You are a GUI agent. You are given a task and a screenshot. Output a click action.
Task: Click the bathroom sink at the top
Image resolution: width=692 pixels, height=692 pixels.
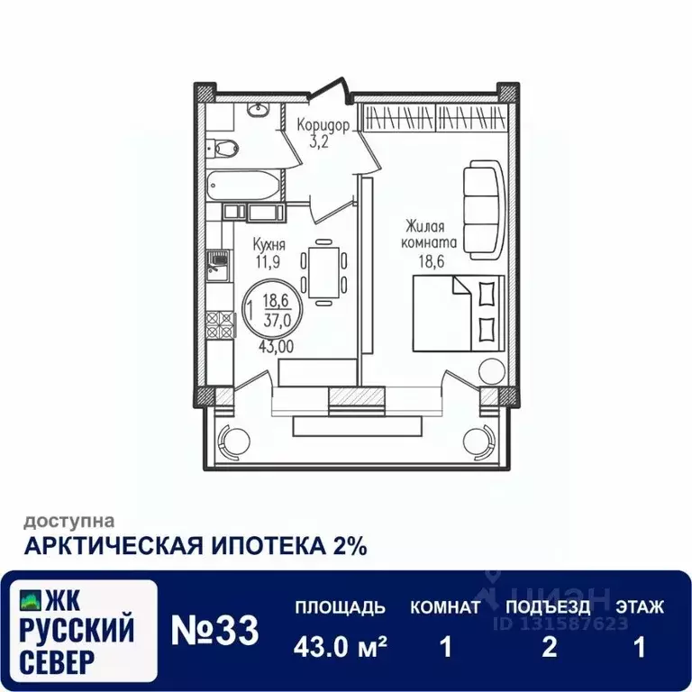258,110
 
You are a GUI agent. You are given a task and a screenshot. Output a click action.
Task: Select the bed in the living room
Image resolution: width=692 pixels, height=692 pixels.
458,312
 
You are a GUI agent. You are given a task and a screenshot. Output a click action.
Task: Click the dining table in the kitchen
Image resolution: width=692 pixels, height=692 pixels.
323,271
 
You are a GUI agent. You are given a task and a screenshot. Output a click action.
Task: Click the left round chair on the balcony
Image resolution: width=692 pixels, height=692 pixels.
235,441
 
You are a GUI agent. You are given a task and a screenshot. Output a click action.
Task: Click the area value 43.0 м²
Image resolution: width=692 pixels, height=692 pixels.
341,647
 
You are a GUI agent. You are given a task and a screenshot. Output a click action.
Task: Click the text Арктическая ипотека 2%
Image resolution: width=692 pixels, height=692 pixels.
195,546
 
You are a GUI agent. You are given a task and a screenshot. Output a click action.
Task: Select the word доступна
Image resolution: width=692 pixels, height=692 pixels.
68,520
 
